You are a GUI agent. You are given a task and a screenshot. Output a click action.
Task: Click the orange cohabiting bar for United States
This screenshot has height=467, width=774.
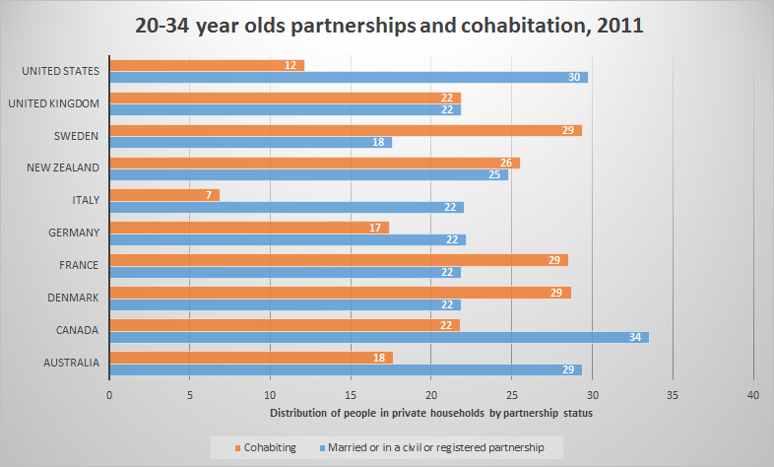pyautogui.click(x=207, y=65)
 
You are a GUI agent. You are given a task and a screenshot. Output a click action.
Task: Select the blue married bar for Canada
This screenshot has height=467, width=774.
pyautogui.click(x=379, y=337)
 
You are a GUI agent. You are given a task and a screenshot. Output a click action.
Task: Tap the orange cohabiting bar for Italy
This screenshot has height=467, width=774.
pyautogui.click(x=164, y=195)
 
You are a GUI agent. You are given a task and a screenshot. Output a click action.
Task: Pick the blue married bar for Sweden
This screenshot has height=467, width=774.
pyautogui.click(x=250, y=142)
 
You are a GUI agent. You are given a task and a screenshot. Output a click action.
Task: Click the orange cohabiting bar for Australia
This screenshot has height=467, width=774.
pyautogui.click(x=251, y=358)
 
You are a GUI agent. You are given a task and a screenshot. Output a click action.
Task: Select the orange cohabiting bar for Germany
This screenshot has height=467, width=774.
pyautogui.click(x=249, y=228)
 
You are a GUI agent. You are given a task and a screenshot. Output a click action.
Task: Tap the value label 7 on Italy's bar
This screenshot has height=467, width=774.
pyautogui.click(x=210, y=195)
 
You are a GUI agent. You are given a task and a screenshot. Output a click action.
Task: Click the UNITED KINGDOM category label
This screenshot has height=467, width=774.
pyautogui.click(x=54, y=102)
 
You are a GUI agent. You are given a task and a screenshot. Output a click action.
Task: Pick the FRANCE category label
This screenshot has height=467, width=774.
pyautogui.click(x=78, y=265)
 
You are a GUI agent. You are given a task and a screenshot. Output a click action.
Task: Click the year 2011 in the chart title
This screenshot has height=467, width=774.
pyautogui.click(x=616, y=26)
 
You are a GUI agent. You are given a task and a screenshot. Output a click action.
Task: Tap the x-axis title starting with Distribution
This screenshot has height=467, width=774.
pyautogui.click(x=430, y=412)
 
